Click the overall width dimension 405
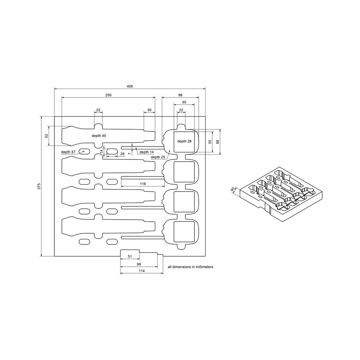coord(130,86)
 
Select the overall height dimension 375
coord(39,186)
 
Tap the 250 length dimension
coord(108,95)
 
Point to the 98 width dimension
coord(180,95)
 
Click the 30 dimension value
coord(149,110)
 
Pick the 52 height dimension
coord(46,136)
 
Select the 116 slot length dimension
coord(143,184)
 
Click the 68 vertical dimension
coord(217,142)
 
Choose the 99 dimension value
coord(138,265)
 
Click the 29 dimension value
coord(122,154)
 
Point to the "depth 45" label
coord(99,135)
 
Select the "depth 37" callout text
coord(68,152)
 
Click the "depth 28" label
coord(184,141)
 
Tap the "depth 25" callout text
coord(158,157)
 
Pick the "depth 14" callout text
coord(147,152)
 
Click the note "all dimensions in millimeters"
coord(191,267)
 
